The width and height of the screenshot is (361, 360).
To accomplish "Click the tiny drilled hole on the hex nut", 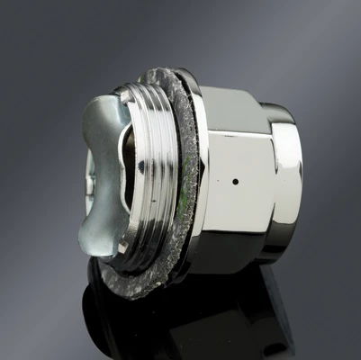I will point(235,181).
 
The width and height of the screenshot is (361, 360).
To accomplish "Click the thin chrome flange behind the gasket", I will point(199,180).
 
